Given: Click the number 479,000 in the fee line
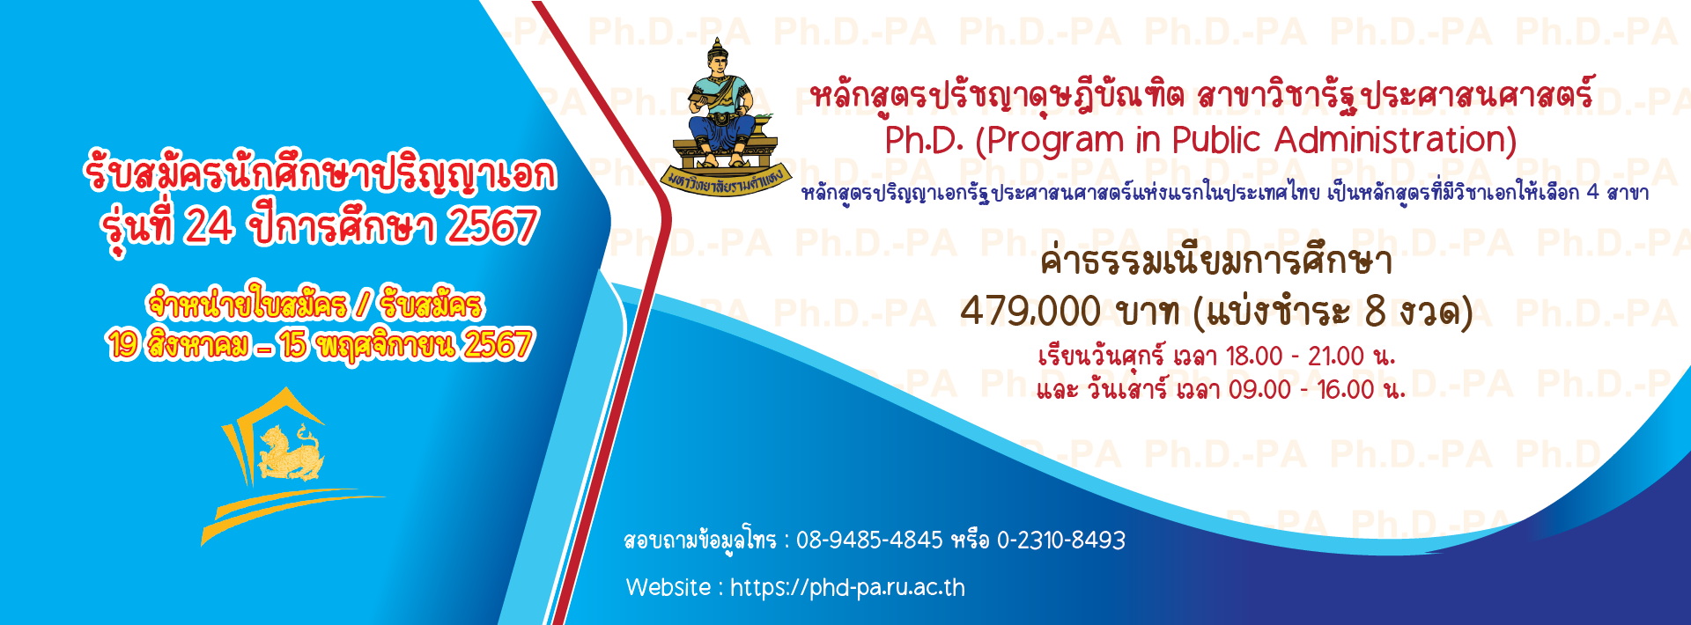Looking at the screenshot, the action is (x=1030, y=312).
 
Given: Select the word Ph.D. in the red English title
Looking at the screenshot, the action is (x=925, y=140).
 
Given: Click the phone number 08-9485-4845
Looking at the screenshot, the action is (x=869, y=540).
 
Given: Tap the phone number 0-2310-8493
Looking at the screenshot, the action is (x=1061, y=540).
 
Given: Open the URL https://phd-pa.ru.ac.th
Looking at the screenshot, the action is (x=847, y=588).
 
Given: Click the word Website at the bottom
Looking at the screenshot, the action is (x=668, y=587).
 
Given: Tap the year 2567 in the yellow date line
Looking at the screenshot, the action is (x=498, y=345).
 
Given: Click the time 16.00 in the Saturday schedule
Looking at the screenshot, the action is (x=1346, y=389).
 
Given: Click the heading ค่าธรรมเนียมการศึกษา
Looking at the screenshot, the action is (x=1216, y=261).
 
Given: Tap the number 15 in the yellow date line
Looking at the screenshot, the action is (x=294, y=345).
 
